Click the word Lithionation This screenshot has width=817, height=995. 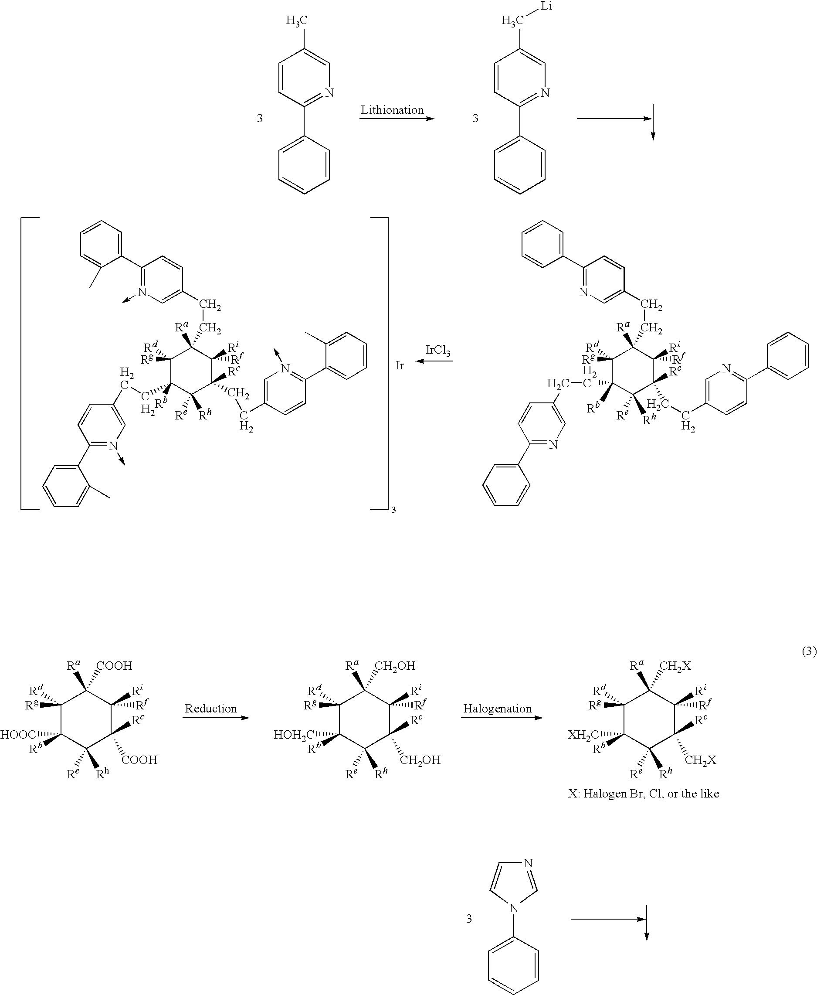pos(392,110)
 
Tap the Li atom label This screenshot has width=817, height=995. pos(546,7)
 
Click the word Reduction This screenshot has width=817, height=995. pos(211,708)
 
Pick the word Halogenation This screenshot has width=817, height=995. pos(498,708)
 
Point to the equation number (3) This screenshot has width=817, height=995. pos(809,651)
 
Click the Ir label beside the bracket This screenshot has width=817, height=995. pos(400,365)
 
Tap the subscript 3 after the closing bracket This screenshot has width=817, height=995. pos(393,510)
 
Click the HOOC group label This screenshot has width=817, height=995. pos(18,735)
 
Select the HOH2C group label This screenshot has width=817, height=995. pos(294,735)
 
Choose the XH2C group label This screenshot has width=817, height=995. pos(583,735)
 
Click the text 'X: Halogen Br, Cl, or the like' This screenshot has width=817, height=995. pos(643,794)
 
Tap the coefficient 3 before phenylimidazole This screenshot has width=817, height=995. pos(469,919)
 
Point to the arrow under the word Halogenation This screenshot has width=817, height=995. pos(502,718)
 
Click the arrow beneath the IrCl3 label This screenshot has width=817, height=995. pos(434,361)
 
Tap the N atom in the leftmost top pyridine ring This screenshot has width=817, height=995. pos(329,92)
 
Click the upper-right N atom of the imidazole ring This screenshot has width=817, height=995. pos(528,863)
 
